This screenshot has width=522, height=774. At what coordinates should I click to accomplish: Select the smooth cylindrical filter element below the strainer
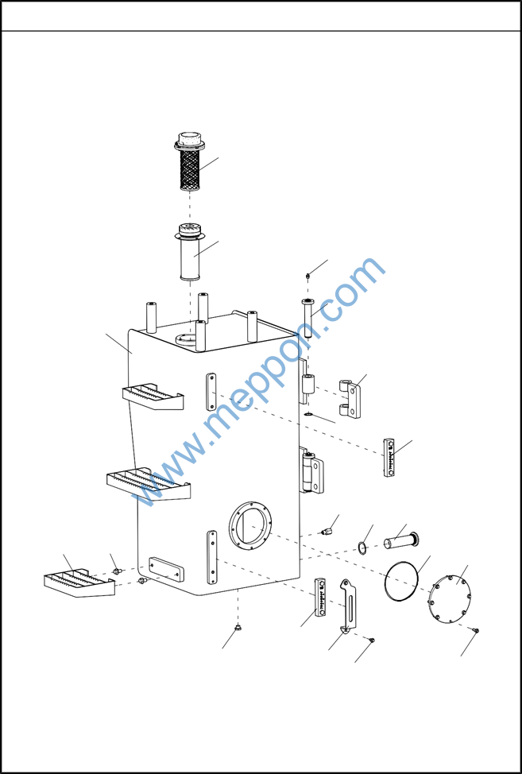click(x=189, y=252)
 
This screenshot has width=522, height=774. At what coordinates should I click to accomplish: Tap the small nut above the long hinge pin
click(x=307, y=276)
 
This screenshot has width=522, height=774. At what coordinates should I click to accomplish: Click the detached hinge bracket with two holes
click(x=351, y=399)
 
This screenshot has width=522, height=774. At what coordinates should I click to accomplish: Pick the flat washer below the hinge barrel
click(x=308, y=414)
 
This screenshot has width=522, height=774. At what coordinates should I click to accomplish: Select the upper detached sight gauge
click(x=389, y=457)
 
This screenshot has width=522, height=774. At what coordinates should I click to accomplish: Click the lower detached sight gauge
click(x=321, y=597)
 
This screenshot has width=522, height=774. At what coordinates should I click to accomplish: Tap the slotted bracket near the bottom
click(x=350, y=606)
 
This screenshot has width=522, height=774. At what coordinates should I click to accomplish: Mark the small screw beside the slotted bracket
click(x=372, y=640)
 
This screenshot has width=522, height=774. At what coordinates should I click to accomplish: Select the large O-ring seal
click(x=402, y=581)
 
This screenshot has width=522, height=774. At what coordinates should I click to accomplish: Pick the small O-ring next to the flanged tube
click(x=362, y=548)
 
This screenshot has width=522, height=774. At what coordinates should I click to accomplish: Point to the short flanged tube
click(x=401, y=540)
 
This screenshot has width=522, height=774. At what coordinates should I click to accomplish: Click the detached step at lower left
click(x=79, y=583)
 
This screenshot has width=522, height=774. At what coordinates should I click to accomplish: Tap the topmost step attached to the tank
click(x=153, y=397)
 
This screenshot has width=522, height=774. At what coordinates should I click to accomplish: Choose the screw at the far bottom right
click(x=476, y=630)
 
